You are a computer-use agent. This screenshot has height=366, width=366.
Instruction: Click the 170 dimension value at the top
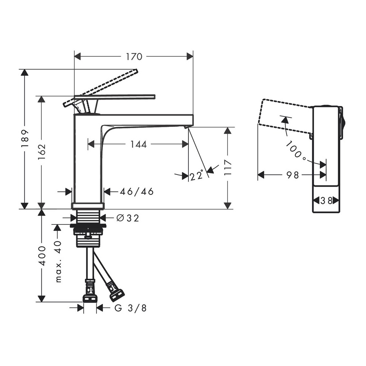click(x=134, y=57)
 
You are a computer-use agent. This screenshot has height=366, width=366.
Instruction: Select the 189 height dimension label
click(x=25, y=139)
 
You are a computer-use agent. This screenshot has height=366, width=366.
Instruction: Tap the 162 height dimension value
click(x=42, y=152)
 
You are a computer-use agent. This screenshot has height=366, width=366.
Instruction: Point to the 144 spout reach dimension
click(x=139, y=145)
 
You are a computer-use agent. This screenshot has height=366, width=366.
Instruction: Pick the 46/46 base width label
click(x=137, y=192)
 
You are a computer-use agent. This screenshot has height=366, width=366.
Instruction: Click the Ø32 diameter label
click(x=128, y=218)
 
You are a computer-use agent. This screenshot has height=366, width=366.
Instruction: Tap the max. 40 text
click(x=58, y=262)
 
